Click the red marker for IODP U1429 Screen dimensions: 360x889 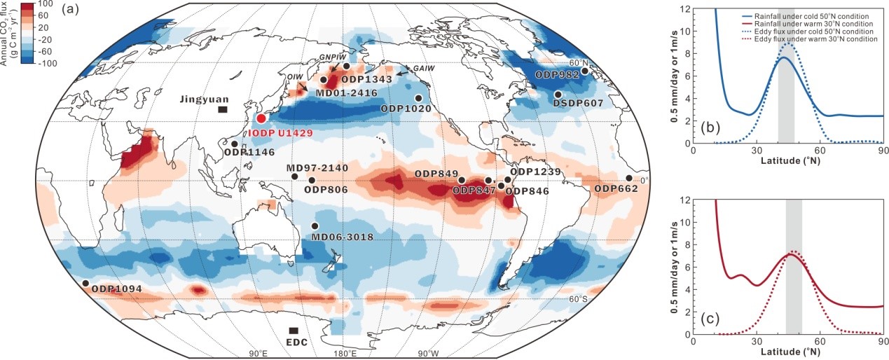coord(261,119)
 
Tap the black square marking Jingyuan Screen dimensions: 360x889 coord(222,109)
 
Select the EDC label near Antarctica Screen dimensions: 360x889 coord(294,344)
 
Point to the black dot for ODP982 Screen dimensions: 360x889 coord(586,70)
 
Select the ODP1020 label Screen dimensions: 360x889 coord(404,109)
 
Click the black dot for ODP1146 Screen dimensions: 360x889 coord(234,144)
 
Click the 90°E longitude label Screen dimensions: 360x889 coord(256,353)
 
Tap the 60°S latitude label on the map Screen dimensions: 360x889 coord(578,299)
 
